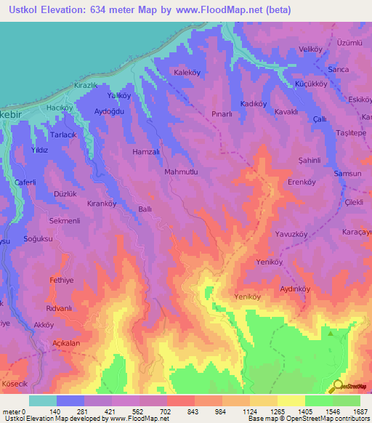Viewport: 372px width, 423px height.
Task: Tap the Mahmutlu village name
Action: point(182,172)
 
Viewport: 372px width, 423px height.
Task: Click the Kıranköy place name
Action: point(102,204)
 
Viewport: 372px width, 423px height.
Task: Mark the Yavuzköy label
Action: point(293,234)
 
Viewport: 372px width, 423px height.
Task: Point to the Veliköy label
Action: point(310,49)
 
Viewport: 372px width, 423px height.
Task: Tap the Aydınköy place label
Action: point(295,289)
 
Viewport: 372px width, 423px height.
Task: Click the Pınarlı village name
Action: point(221,114)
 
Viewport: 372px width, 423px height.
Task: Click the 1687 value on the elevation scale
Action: point(361,411)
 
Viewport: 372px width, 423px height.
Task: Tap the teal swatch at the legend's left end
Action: point(43,400)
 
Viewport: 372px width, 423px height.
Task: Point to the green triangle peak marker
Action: point(331,334)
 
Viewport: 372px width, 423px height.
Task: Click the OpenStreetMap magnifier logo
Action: point(338,386)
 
